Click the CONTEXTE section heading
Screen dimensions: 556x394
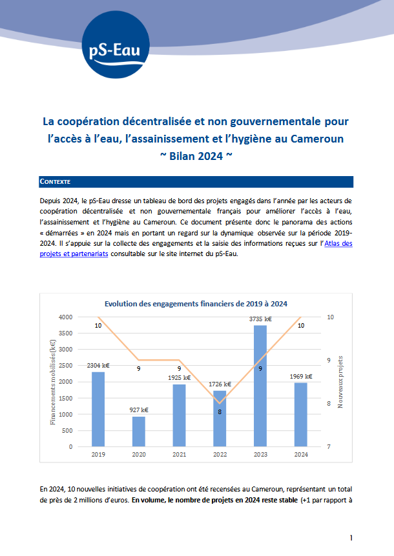[x=56, y=182]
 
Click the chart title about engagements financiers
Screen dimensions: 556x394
[x=196, y=303]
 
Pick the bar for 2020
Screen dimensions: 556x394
[x=138, y=432]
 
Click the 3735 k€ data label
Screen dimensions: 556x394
[x=260, y=319]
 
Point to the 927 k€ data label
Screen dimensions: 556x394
[x=138, y=410]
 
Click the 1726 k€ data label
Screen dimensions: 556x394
[x=220, y=384]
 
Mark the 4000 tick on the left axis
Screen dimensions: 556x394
[x=83, y=317]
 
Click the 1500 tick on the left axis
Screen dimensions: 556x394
[x=83, y=398]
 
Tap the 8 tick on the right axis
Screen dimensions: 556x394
[x=330, y=404]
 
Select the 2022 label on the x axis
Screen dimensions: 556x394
[x=220, y=455]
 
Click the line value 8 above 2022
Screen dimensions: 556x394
[x=220, y=411]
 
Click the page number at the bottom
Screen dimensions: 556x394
[x=351, y=537]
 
